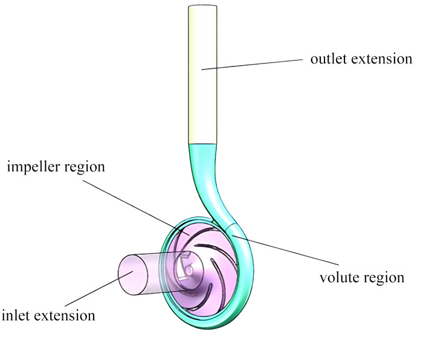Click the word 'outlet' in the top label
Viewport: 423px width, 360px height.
tap(327, 60)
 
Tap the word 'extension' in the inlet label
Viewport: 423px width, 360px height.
tap(65, 315)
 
